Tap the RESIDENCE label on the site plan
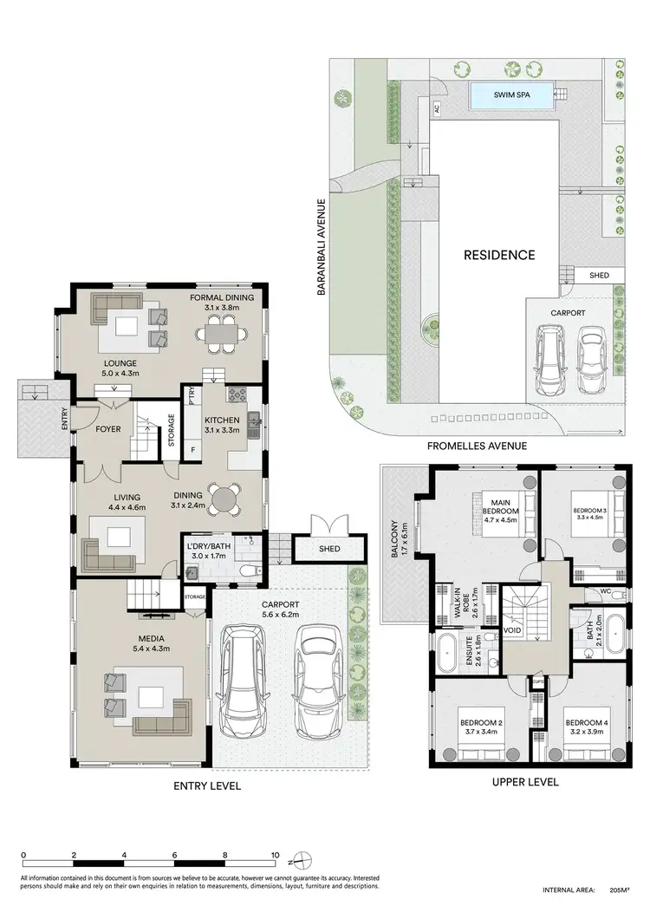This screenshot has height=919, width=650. click(x=498, y=255)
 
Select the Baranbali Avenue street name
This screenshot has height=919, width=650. click(x=320, y=248)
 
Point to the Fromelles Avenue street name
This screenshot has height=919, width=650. click(x=477, y=446)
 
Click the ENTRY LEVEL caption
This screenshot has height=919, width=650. click(x=206, y=785)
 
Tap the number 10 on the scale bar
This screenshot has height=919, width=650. click(x=275, y=853)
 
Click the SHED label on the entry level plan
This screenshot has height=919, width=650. click(x=328, y=550)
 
